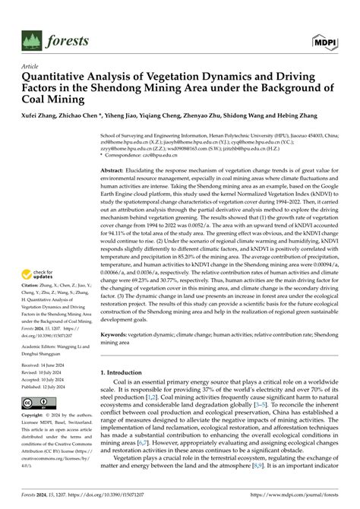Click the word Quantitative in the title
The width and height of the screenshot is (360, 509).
click(x=57, y=77)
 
